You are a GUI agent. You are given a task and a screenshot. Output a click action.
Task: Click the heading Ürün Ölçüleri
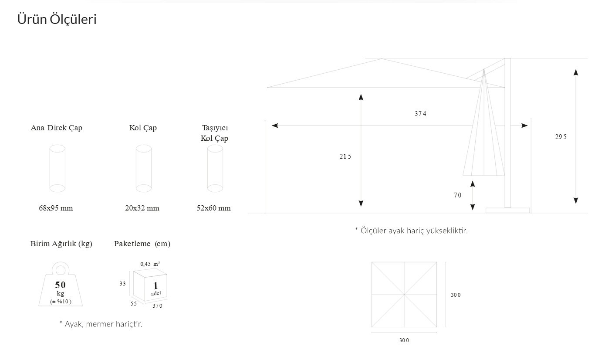[57, 20]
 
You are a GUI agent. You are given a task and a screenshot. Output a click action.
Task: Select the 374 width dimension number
[420, 114]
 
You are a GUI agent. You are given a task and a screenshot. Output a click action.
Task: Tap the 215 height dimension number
[345, 156]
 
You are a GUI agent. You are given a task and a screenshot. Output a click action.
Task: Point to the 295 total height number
[561, 137]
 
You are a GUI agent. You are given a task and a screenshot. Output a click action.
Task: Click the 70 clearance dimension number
[457, 195]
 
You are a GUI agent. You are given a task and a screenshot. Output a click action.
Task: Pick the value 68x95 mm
[56, 208]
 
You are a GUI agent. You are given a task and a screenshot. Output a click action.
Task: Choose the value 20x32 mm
[142, 208]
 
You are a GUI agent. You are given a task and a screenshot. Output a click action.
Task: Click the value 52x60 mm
[213, 208]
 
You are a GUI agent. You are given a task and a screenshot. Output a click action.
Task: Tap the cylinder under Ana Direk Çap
[57, 169]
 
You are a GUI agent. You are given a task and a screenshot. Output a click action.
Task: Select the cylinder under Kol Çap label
[144, 169]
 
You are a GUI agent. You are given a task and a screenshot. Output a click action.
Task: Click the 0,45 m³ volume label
[150, 264]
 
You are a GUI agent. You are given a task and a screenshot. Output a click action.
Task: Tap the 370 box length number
[157, 306]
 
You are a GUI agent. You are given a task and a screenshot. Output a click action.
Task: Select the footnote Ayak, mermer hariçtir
[101, 324]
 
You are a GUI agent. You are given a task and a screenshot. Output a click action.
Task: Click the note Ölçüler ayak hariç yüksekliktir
[411, 230]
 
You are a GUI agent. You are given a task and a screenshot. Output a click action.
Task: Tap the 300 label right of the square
[456, 295]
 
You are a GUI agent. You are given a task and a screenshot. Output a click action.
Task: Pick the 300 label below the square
[404, 340]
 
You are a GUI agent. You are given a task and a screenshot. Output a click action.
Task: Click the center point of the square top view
[404, 295]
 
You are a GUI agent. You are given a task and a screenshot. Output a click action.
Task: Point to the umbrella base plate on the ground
[507, 211]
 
